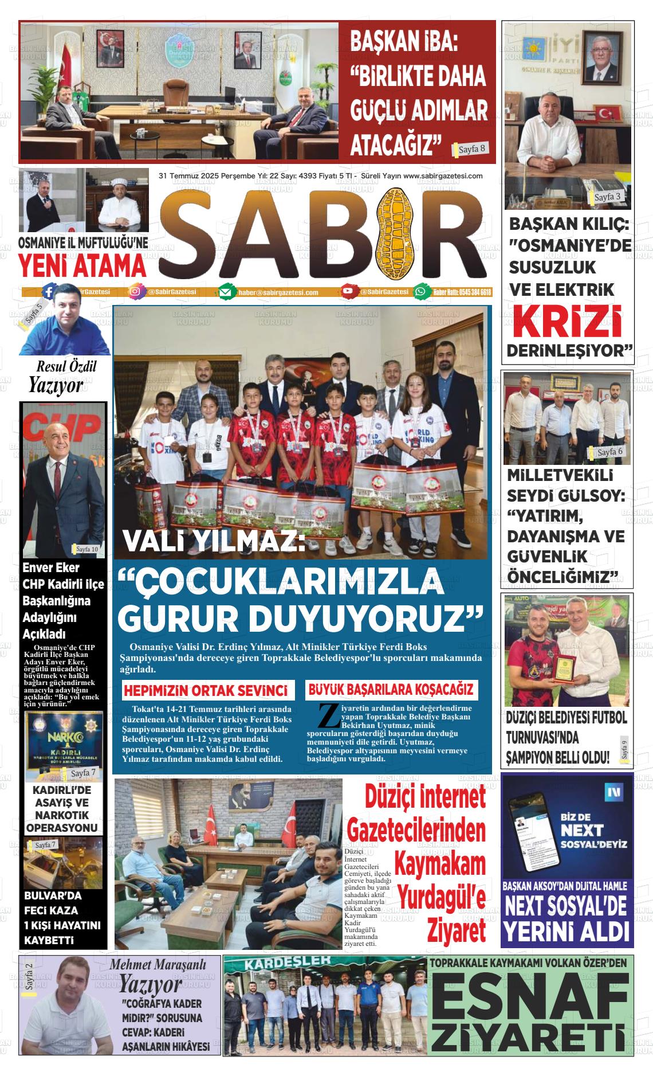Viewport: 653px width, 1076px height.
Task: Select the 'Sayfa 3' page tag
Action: point(607,197)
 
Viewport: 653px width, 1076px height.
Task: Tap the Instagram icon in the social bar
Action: point(135,292)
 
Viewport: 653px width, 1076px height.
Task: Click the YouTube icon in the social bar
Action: point(347,292)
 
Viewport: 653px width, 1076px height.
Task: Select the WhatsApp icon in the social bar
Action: point(421,292)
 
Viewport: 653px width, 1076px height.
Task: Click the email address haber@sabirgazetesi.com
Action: point(278,292)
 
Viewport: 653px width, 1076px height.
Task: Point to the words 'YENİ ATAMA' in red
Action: point(82,266)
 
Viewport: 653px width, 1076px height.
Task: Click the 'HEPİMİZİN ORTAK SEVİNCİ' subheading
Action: point(205,690)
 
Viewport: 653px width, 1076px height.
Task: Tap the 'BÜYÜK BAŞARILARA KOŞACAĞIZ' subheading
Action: point(391,689)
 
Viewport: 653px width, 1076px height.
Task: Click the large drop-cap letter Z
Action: point(326,716)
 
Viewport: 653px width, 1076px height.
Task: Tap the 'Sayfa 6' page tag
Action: point(609,452)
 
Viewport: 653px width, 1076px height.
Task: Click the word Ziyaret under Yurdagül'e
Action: point(456,931)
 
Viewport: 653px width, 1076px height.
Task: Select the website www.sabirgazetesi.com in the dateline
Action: point(443,176)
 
